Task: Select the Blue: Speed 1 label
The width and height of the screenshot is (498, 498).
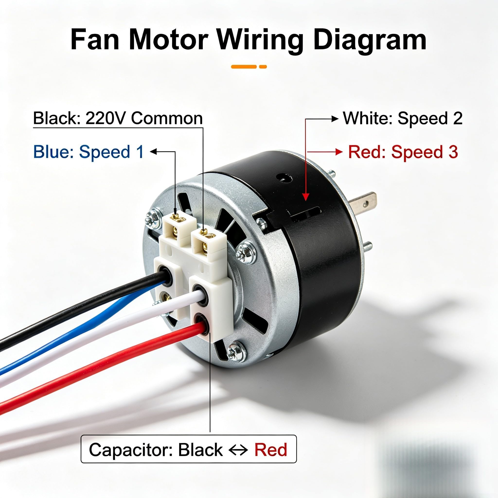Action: coord(89,152)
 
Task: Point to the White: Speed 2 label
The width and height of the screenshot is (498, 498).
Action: coord(403,118)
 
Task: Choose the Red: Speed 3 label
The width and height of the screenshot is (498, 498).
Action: coord(403,152)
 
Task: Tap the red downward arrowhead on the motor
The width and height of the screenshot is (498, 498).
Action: coord(305,197)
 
